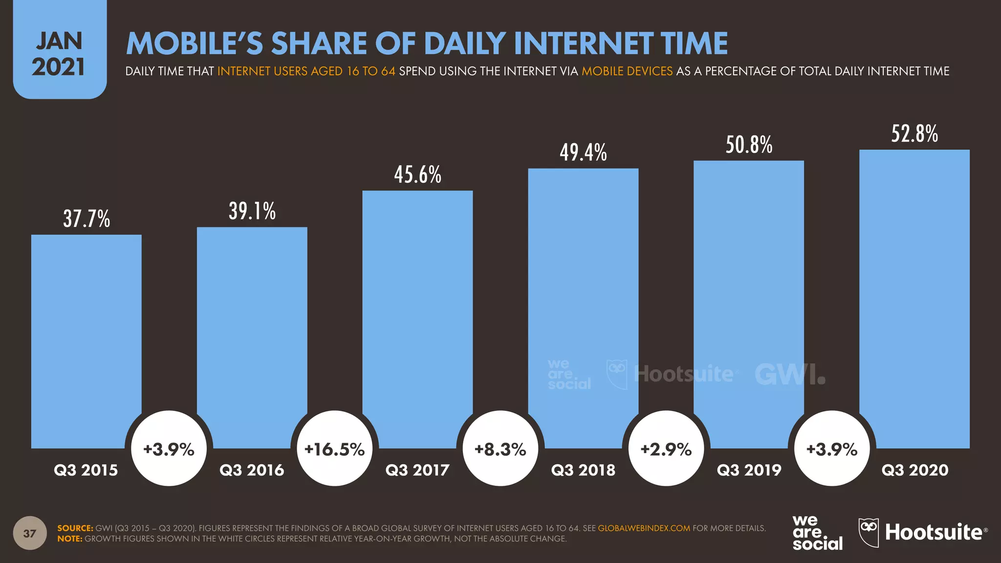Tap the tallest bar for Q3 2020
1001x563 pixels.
click(914, 293)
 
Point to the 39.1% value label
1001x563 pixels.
click(252, 211)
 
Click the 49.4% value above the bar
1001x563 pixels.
click(583, 152)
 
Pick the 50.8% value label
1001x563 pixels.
click(749, 145)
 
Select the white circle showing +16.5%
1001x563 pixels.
click(335, 449)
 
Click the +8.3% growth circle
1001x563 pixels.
click(500, 449)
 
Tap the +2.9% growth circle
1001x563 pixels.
click(666, 449)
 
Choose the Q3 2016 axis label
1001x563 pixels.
click(252, 470)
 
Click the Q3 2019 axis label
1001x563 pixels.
click(749, 470)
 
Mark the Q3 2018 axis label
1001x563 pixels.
click(583, 470)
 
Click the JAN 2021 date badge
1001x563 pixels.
click(59, 54)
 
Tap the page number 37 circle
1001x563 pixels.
click(30, 533)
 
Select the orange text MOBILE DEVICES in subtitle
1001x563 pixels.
click(627, 71)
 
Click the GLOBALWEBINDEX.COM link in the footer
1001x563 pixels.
click(644, 528)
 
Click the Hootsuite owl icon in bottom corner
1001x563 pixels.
click(869, 532)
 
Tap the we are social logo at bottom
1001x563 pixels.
click(817, 533)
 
